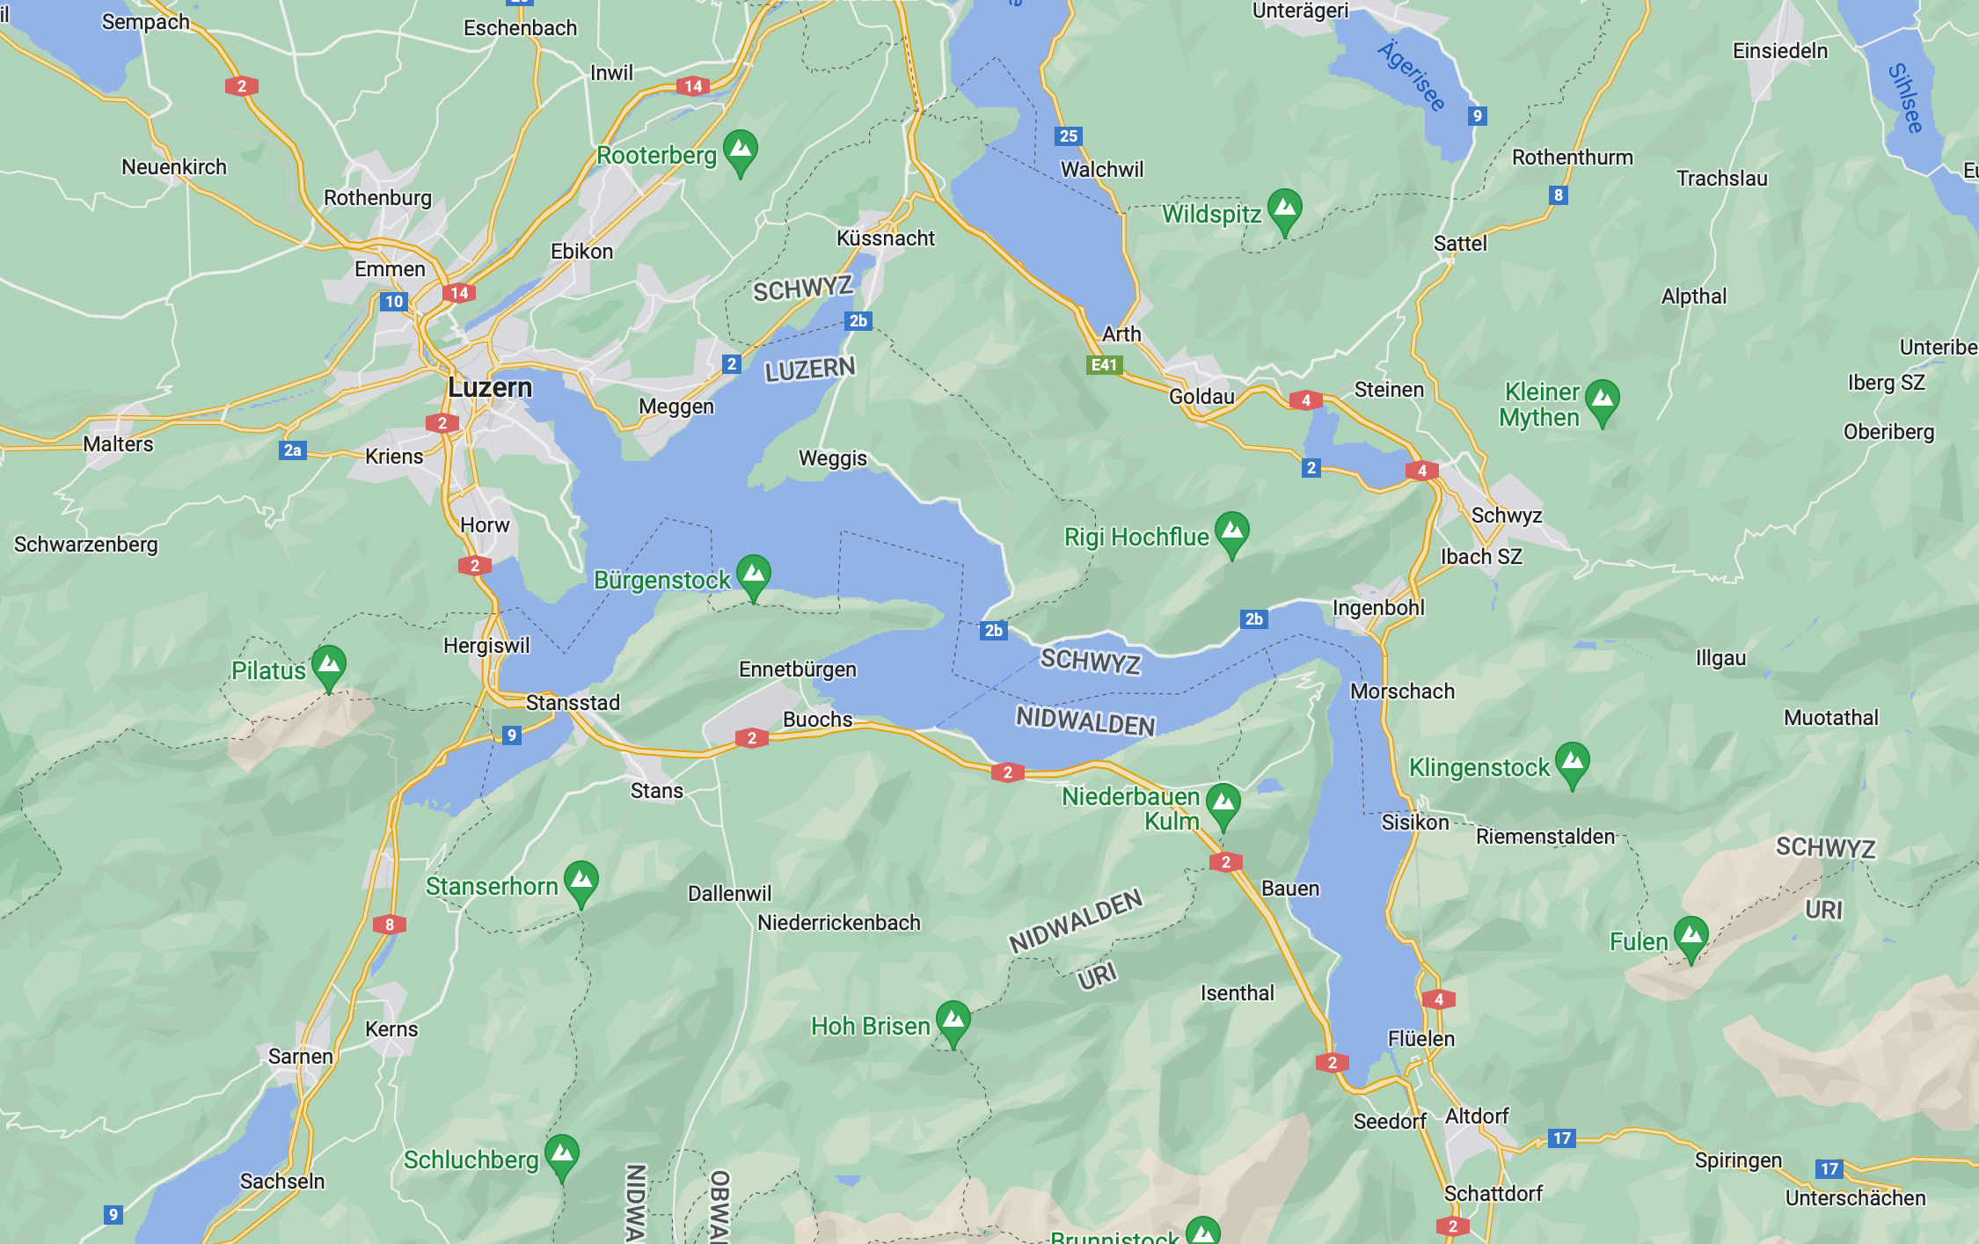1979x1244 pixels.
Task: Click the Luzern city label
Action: (x=490, y=387)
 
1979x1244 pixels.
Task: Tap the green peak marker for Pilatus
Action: (x=329, y=665)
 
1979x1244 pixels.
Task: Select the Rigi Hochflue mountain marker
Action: (x=1231, y=531)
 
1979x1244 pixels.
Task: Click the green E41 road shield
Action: (x=1104, y=364)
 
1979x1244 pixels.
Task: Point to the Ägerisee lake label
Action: (x=1411, y=77)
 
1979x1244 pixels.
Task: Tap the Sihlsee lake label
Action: (x=1905, y=98)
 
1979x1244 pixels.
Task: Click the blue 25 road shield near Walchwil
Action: (x=1068, y=135)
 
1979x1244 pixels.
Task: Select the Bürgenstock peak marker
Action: (x=754, y=574)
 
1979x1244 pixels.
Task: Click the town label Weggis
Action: (x=832, y=458)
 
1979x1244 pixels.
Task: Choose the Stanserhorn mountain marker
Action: (x=581, y=880)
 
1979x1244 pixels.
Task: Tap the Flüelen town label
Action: (x=1420, y=1039)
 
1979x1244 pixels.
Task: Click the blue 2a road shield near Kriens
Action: (x=293, y=450)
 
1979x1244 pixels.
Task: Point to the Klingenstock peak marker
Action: (x=1572, y=762)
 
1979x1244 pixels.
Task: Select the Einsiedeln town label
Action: (x=1779, y=51)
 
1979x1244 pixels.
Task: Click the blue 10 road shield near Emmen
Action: (x=394, y=302)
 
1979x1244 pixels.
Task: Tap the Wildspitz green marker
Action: (x=1284, y=209)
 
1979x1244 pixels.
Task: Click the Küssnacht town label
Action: (x=885, y=238)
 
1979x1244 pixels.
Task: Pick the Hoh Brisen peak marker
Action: (x=953, y=1021)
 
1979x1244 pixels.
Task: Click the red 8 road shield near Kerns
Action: (x=389, y=925)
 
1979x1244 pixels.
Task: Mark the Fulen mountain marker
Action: (x=1691, y=936)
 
